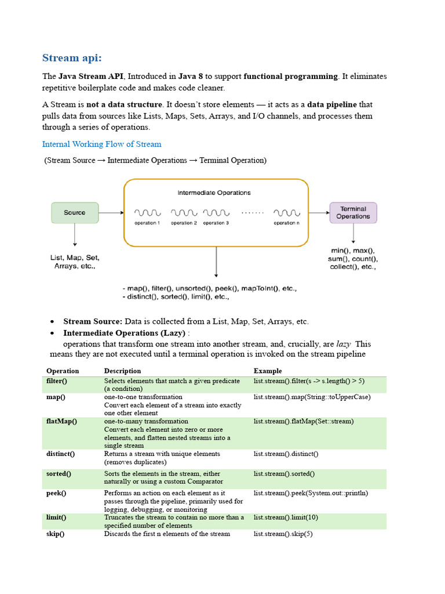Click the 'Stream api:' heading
click(72, 57)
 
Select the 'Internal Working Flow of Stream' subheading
click(101, 144)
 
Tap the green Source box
click(75, 212)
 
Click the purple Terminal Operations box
click(353, 212)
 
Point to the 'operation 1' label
click(147, 223)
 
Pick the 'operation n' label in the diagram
click(287, 223)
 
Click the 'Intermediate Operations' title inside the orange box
click(214, 193)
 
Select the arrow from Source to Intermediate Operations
click(111, 212)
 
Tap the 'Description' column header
click(122, 371)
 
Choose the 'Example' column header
click(268, 371)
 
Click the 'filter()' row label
click(57, 381)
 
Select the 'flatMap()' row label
click(61, 421)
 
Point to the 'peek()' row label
click(56, 493)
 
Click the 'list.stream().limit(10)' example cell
click(286, 517)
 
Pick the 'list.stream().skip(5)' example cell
click(283, 534)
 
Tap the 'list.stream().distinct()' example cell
click(286, 454)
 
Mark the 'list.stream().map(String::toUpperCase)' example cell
click(312, 397)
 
